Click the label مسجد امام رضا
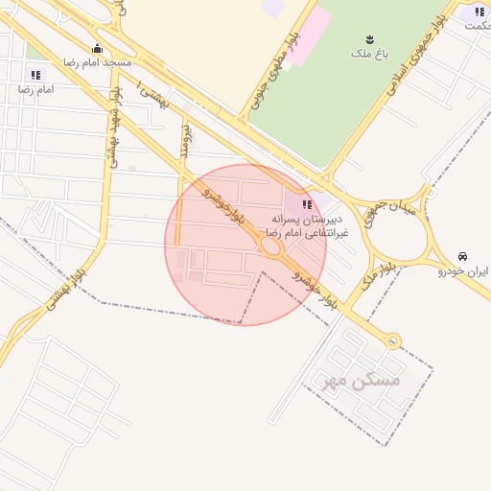pyautogui.click(x=97, y=62)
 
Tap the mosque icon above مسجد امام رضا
pyautogui.click(x=96, y=49)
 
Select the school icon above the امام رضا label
pyautogui.click(x=36, y=75)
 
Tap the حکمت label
pyautogui.click(x=477, y=25)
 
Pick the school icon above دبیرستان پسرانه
pyautogui.click(x=306, y=204)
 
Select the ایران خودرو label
pyautogui.click(x=463, y=271)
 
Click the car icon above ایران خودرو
pyautogui.click(x=463, y=257)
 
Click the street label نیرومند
pyautogui.click(x=187, y=140)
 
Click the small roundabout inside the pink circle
pyautogui.click(x=271, y=246)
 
